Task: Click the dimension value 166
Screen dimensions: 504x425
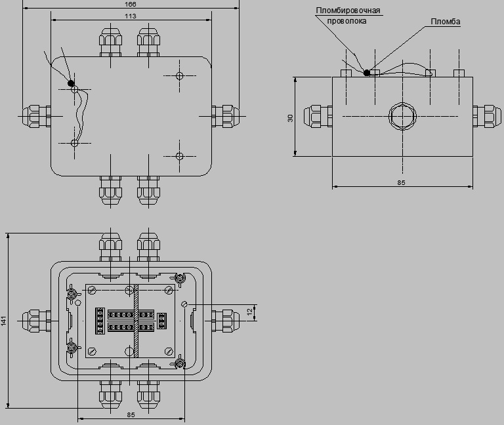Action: click(x=130, y=4)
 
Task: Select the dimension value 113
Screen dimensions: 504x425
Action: click(x=130, y=16)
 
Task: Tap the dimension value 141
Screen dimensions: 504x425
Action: click(x=3, y=321)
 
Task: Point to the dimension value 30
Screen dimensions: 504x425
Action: click(x=290, y=118)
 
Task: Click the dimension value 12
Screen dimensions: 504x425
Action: click(x=250, y=312)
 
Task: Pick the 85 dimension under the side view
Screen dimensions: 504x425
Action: click(x=401, y=182)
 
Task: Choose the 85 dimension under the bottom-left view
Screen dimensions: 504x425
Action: click(x=131, y=415)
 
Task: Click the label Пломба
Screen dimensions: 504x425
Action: click(x=445, y=22)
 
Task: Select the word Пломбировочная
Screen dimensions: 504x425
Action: click(x=348, y=10)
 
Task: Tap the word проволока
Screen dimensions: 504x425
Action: click(x=346, y=21)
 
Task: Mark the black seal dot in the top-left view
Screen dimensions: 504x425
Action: click(x=71, y=83)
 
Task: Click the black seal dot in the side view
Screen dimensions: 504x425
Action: click(x=367, y=73)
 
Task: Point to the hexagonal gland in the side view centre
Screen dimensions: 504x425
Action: click(x=402, y=116)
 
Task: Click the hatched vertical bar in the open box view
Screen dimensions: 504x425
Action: click(x=136, y=321)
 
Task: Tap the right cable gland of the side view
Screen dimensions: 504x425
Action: click(x=487, y=116)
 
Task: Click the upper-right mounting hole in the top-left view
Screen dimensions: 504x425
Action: click(x=180, y=76)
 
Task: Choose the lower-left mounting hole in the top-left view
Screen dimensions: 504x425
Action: click(x=74, y=143)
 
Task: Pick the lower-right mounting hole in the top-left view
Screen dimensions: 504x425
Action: click(x=180, y=157)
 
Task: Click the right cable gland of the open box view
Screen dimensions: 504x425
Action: click(x=226, y=321)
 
